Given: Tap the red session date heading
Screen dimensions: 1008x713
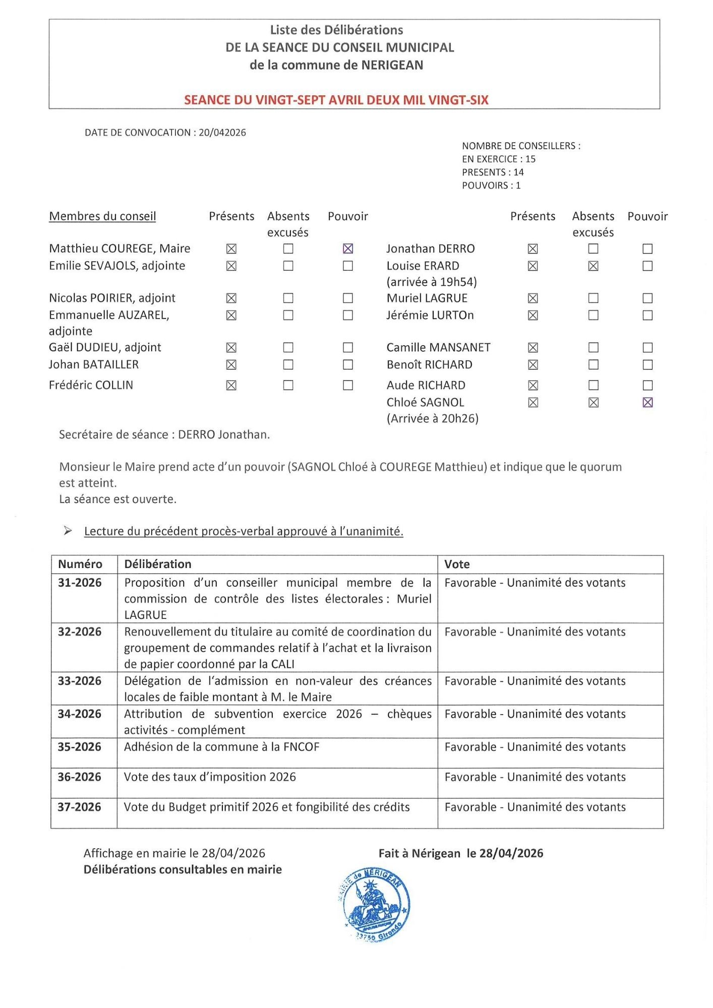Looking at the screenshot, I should (336, 100).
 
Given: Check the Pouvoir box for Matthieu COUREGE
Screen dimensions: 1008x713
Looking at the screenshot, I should (348, 248).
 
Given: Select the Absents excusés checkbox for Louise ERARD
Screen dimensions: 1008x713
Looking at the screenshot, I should (593, 266).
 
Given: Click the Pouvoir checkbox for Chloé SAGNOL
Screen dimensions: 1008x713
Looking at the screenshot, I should (648, 402).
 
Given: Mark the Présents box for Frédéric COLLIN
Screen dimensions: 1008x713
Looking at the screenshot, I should (231, 385).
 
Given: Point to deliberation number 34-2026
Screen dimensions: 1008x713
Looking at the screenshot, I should (80, 714).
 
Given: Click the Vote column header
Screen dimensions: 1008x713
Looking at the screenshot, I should (457, 564).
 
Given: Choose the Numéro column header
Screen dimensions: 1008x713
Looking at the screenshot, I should (80, 564).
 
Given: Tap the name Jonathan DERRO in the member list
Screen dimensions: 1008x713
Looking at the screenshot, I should (431, 248).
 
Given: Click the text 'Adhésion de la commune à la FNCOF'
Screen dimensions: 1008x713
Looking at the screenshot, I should (222, 746).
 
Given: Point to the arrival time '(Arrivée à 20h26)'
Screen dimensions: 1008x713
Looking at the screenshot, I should (433, 418).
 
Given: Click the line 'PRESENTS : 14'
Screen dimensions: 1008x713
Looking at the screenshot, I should (493, 172).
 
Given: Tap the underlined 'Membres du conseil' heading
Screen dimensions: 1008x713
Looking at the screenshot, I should (102, 216).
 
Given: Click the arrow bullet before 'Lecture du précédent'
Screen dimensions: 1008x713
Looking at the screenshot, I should (68, 531).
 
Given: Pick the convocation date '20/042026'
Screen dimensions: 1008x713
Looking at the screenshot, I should (222, 133).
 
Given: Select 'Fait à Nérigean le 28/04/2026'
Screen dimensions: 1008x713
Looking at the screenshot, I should (461, 853).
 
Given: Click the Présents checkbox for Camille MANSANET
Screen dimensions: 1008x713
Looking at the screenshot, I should (533, 347).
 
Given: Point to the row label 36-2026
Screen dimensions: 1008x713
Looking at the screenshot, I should (80, 777).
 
